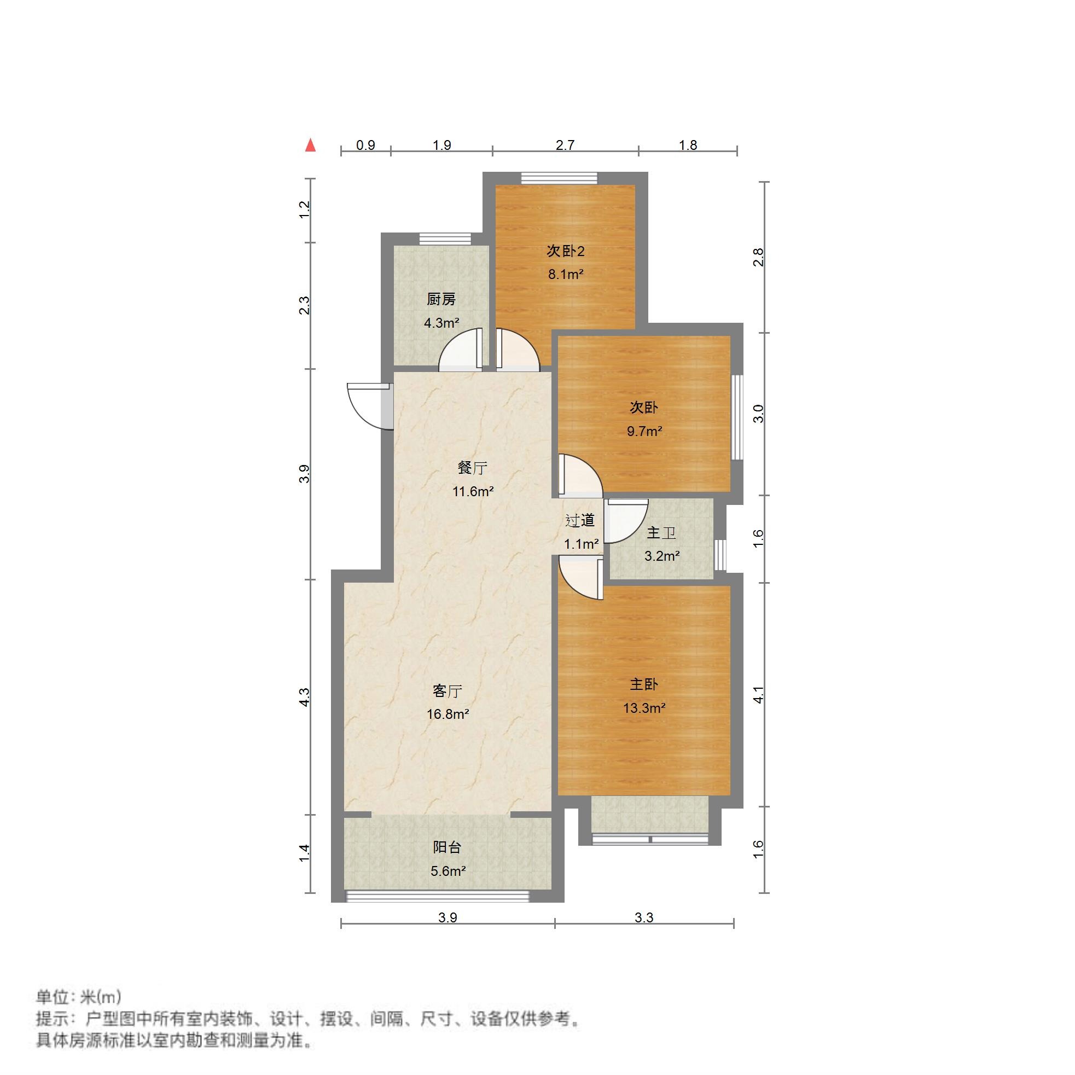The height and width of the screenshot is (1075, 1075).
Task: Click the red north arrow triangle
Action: coord(311,146)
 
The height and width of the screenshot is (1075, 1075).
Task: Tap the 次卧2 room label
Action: coord(565,252)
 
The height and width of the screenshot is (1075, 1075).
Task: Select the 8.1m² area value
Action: coord(565,274)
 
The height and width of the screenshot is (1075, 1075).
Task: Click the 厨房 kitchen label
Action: coord(441,300)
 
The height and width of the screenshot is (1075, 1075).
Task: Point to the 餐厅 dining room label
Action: coord(473,468)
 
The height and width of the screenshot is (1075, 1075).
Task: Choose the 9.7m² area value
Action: coord(644,431)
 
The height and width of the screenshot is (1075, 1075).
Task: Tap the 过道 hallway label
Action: coord(580,521)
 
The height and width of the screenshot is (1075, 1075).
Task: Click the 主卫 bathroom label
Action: coord(661,533)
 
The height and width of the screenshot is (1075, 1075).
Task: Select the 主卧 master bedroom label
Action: coord(644,684)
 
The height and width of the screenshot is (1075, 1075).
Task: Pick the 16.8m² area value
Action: coord(448,714)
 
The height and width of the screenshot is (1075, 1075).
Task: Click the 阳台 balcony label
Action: coord(448,847)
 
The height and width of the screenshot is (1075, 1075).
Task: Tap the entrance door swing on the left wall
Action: coord(367,406)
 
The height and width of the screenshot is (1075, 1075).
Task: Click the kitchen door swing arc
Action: coord(460,352)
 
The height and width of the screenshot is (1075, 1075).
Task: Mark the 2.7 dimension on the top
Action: coord(565,146)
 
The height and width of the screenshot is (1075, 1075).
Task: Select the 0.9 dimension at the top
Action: coord(365,146)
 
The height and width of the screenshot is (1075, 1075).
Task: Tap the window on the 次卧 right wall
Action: coord(737,417)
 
